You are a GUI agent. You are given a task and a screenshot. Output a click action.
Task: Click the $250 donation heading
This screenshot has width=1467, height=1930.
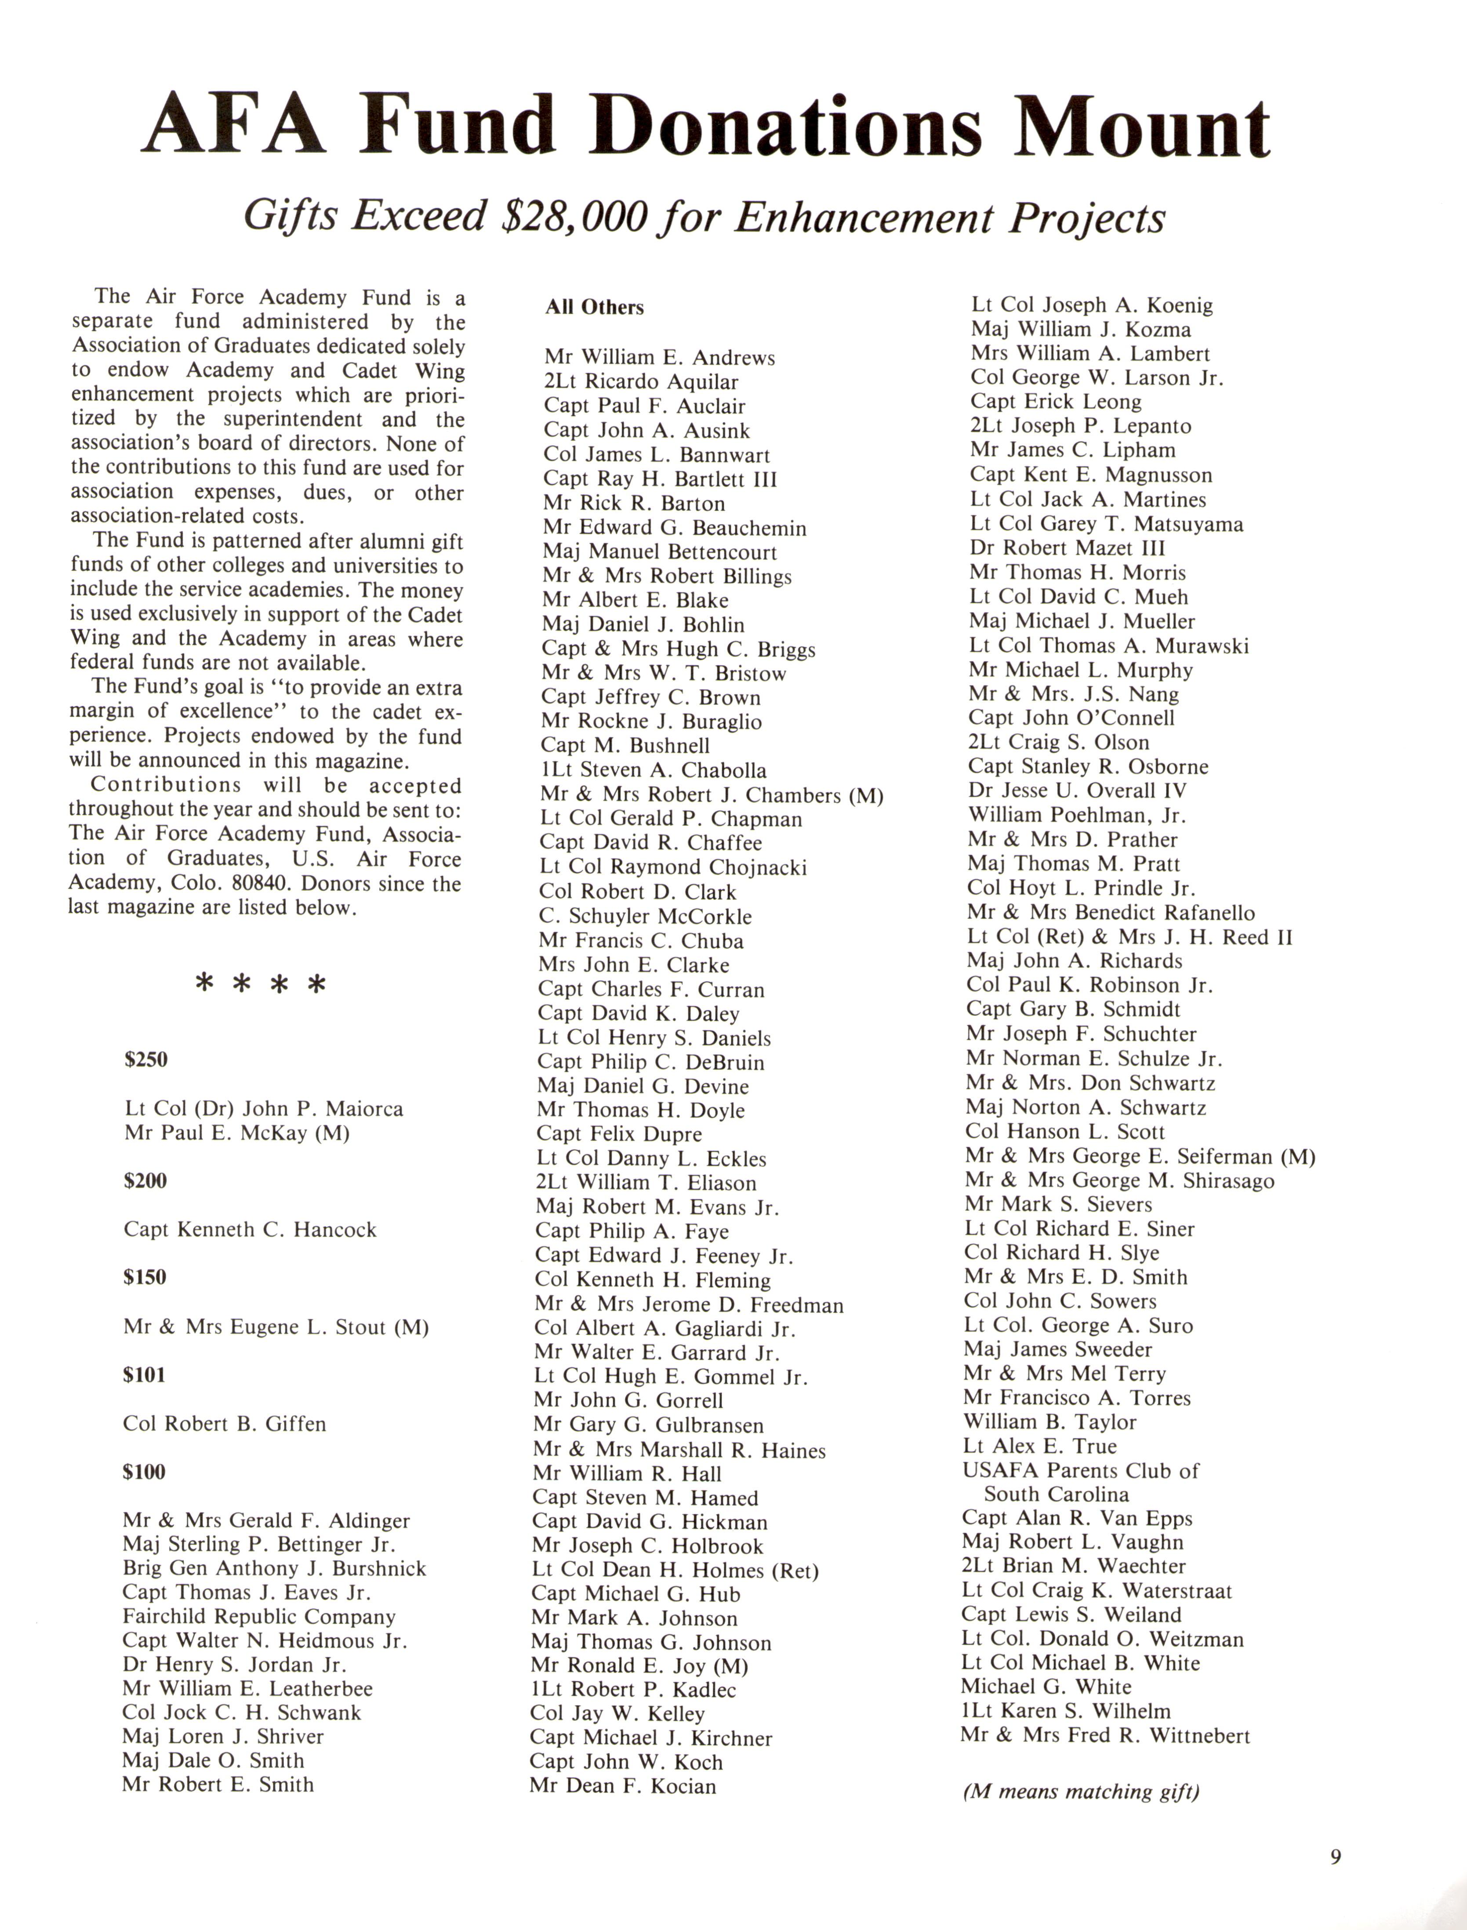tap(146, 1060)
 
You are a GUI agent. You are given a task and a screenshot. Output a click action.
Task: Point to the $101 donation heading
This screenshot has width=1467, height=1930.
tap(144, 1375)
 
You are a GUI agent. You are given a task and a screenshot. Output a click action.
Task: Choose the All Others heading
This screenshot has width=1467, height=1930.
tap(595, 307)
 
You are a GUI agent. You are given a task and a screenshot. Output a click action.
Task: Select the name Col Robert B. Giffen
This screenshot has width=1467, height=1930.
tap(225, 1424)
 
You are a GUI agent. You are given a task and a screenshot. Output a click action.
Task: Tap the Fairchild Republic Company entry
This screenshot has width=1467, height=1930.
tap(259, 1617)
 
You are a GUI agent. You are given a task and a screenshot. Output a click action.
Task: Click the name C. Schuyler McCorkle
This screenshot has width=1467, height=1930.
tap(645, 917)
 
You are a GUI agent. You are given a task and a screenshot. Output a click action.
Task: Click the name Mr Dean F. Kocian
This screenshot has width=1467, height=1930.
tap(623, 1786)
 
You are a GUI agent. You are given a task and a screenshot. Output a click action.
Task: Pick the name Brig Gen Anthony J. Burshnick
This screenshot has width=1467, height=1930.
tap(274, 1569)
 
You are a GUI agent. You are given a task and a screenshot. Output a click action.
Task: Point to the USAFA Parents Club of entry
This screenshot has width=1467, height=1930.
tap(1081, 1471)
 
